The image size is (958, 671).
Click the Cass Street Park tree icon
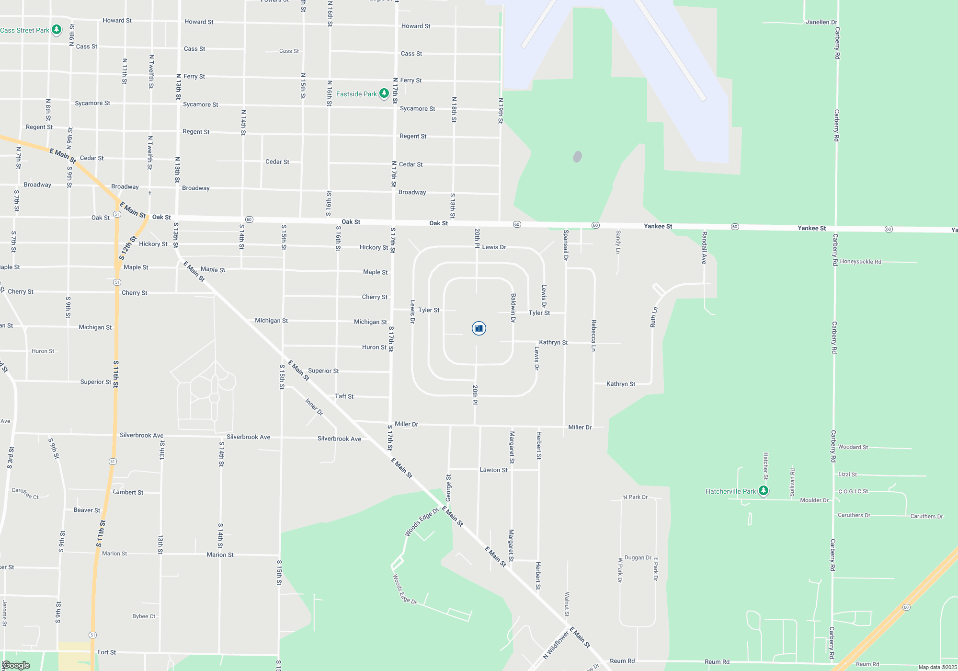57,30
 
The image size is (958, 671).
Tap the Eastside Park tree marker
384,93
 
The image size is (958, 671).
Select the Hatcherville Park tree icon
764,491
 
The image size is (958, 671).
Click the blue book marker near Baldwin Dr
479,328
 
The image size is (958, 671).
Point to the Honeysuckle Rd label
860,262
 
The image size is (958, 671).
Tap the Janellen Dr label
821,22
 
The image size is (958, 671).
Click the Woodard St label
853,447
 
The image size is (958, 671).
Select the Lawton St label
493,470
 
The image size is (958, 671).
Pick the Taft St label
344,396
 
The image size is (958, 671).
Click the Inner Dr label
314,407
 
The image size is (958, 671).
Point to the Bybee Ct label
144,616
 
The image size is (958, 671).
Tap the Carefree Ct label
25,493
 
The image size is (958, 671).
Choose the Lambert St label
128,492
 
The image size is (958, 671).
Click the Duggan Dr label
638,558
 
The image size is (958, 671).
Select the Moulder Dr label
814,500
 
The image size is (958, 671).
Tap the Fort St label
106,652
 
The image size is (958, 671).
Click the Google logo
16,665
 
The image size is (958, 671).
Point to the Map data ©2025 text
937,667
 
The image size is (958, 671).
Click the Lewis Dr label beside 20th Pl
494,247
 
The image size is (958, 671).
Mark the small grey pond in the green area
578,157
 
